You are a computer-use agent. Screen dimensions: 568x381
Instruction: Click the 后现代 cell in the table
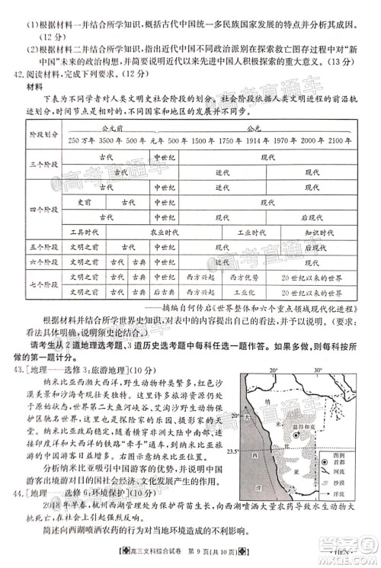tap(314, 217)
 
